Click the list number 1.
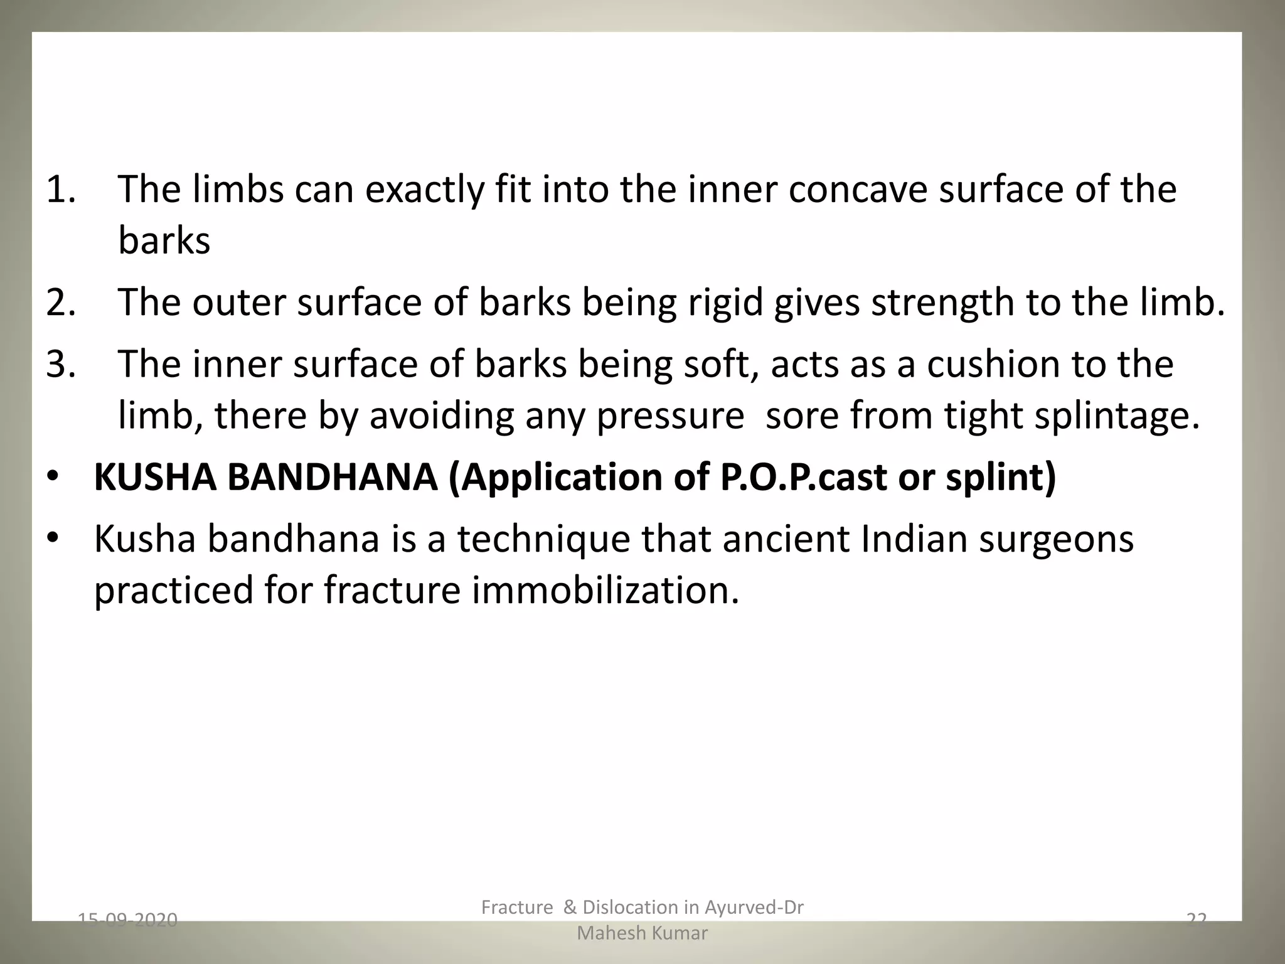61,190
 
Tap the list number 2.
61,302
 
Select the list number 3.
61,364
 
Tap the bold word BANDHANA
333,477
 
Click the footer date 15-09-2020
127,920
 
